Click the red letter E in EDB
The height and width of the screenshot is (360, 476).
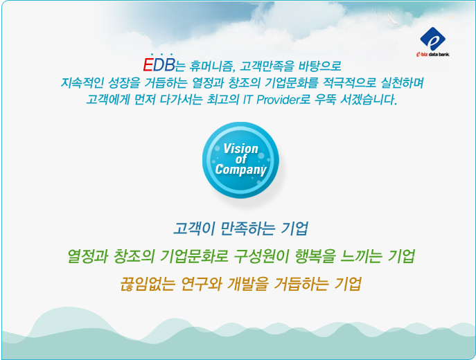[x=148, y=64]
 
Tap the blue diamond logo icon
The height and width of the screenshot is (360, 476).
[x=432, y=39]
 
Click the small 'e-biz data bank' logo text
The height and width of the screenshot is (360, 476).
[x=433, y=55]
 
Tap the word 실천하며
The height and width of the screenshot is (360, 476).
[x=403, y=82]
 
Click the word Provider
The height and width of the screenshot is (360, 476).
[x=278, y=100]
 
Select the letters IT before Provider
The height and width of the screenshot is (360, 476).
[x=248, y=100]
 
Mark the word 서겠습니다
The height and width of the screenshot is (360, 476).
[x=369, y=100]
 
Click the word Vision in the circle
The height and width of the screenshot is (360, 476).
[x=240, y=149]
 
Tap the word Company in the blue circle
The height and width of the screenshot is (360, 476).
[x=240, y=170]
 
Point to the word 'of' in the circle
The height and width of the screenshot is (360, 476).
[x=241, y=159]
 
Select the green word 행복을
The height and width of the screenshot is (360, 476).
[x=315, y=257]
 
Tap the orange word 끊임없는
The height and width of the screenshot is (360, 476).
[x=148, y=284]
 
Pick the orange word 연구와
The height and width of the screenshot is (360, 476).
[x=201, y=284]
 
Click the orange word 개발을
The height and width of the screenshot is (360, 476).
[x=248, y=284]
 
